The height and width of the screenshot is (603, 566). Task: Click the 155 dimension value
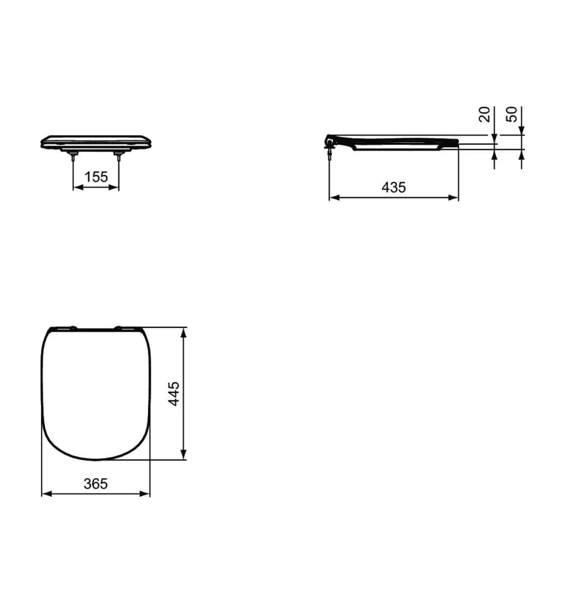pyautogui.click(x=96, y=177)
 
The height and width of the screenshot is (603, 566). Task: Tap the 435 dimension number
pyautogui.click(x=394, y=188)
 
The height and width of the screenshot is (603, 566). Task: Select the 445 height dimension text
pyautogui.click(x=174, y=394)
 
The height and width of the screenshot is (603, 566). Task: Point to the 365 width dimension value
pyautogui.click(x=96, y=484)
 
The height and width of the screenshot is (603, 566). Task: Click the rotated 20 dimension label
pyautogui.click(x=485, y=114)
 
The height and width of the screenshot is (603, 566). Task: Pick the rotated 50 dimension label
pyautogui.click(x=512, y=114)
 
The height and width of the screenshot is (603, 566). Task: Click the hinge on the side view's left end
pyautogui.click(x=330, y=142)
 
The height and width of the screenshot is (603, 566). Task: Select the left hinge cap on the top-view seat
pyautogui.click(x=72, y=328)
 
